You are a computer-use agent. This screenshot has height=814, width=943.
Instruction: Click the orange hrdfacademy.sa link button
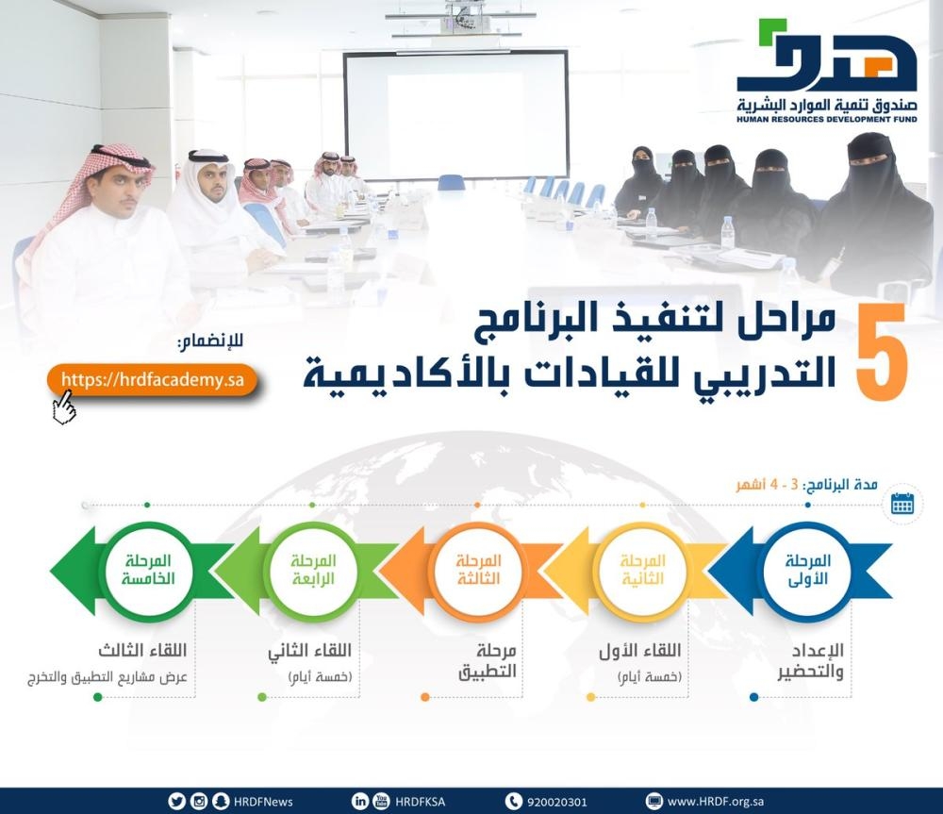point(153,379)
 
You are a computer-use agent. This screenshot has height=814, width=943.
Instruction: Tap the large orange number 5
point(881,352)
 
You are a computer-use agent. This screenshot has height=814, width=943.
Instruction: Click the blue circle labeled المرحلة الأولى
point(807,570)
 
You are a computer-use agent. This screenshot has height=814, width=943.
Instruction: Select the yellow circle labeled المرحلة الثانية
point(642,570)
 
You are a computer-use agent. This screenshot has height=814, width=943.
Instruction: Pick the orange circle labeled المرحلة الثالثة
point(477,570)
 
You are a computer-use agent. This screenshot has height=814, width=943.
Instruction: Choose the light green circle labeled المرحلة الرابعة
point(313,570)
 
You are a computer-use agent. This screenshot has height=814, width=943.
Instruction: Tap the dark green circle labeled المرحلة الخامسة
point(148,570)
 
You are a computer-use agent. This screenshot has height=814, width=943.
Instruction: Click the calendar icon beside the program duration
point(902,503)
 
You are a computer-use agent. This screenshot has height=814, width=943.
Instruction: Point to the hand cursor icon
point(64,407)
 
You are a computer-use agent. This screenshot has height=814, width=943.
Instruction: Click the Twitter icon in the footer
point(177,801)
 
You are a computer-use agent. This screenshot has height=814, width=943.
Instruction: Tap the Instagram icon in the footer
point(199,801)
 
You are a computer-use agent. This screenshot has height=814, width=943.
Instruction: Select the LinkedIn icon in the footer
point(359,801)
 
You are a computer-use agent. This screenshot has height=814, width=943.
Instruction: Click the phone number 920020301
point(557,802)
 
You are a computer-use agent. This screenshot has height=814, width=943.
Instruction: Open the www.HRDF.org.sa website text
point(716,802)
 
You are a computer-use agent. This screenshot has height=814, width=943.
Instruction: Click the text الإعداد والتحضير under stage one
point(810,660)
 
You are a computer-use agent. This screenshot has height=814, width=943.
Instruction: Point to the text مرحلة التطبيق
point(488,660)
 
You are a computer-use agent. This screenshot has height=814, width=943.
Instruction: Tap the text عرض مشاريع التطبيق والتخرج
point(108,677)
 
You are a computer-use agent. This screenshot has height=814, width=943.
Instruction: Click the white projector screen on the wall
point(455,115)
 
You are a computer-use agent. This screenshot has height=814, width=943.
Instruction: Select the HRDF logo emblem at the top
point(827,57)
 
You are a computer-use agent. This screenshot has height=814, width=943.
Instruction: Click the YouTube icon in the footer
point(381,801)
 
